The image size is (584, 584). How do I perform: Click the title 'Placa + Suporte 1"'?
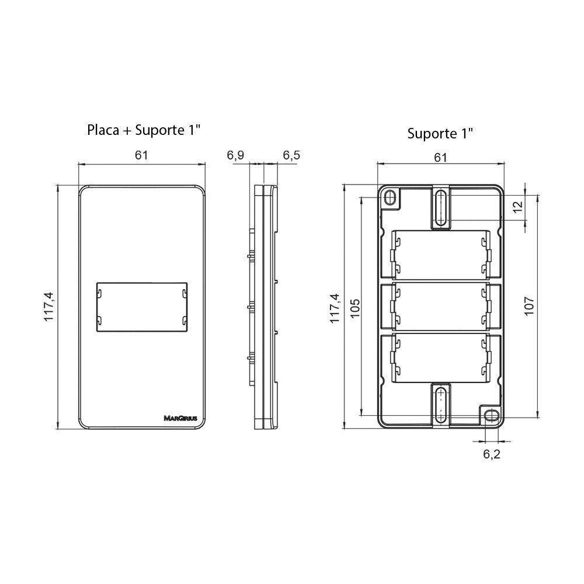tap(144, 129)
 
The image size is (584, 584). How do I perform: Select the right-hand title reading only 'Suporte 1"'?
tap(440, 133)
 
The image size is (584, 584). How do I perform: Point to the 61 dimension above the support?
tap(440, 157)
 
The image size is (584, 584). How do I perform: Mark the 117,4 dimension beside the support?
tap(335, 308)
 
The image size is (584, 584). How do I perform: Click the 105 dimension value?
tap(355, 308)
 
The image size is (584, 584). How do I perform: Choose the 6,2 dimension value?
tap(491, 454)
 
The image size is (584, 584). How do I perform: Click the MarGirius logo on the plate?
tap(179, 418)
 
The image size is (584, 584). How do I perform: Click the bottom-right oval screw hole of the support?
tap(491, 415)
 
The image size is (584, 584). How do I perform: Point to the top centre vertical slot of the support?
tap(441, 207)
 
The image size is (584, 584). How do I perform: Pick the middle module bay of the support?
tap(441, 308)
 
